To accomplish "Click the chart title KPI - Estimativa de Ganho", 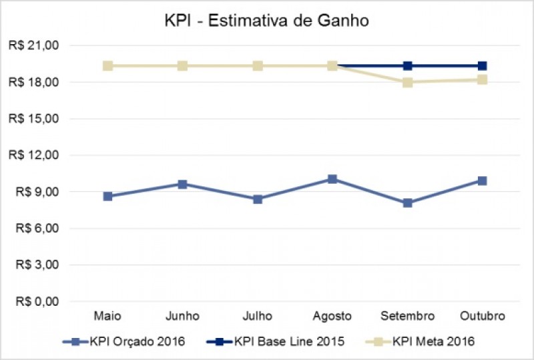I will click(x=267, y=21).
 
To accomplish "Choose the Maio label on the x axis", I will click(x=107, y=315).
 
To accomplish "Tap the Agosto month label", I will click(x=332, y=315).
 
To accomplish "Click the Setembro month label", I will click(x=407, y=315).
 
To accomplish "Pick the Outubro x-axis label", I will click(x=482, y=315).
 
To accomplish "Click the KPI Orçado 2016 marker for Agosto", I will click(x=332, y=179).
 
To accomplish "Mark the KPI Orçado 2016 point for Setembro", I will click(x=407, y=202).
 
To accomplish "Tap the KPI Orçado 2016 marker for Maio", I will click(x=107, y=196).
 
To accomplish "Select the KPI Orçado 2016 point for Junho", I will click(x=182, y=184).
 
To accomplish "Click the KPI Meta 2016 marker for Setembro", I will click(x=407, y=82).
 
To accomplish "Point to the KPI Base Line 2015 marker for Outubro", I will click(x=482, y=65).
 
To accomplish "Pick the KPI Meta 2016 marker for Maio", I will click(x=107, y=65).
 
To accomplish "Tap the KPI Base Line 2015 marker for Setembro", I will click(x=407, y=65).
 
